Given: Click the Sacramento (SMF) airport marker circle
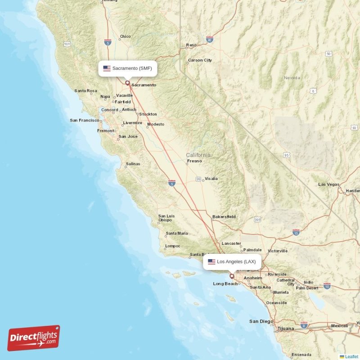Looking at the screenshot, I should (127, 83).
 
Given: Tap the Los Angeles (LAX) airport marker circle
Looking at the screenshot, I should (232, 276).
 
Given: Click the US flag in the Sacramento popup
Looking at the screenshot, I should (107, 68).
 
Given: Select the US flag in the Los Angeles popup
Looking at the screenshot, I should (211, 261).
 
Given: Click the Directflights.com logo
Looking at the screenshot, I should (34, 338).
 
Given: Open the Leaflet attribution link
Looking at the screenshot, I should (351, 356).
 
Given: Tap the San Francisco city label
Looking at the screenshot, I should (85, 120).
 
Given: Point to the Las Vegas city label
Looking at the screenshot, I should (328, 184).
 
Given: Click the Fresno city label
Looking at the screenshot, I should (194, 161).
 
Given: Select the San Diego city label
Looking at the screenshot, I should (261, 321).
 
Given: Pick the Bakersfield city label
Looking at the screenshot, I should (224, 217).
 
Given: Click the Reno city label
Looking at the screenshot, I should (191, 45).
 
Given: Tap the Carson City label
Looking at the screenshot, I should (200, 60).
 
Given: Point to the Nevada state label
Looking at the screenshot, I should (292, 78).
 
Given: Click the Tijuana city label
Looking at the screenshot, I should (285, 329).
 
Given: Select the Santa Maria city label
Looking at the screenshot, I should (176, 233).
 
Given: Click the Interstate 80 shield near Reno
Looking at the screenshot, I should (209, 39).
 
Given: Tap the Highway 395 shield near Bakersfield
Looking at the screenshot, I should (257, 220).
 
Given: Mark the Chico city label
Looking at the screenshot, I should (125, 36).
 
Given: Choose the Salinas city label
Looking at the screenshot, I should (133, 164).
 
